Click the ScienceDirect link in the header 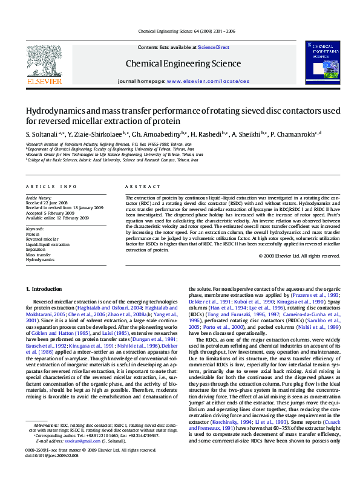[214, 47]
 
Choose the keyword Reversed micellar [42, 239]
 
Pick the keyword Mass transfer [38, 255]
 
